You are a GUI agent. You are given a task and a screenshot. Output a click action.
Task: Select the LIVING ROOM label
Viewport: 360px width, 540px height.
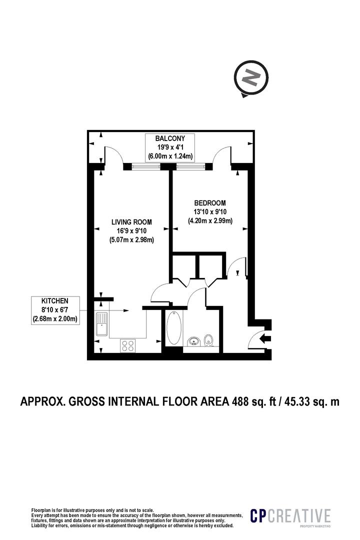point(131,221)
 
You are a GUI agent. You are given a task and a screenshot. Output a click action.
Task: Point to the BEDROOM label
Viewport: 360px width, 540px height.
point(210,203)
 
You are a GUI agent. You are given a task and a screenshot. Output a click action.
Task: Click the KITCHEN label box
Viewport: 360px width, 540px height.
point(55,309)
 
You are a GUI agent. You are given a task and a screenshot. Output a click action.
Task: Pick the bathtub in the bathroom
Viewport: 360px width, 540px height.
point(173,328)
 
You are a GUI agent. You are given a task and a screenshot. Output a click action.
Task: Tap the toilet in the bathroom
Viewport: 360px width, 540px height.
point(210,340)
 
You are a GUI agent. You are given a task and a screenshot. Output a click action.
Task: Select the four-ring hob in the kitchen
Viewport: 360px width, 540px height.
point(128,345)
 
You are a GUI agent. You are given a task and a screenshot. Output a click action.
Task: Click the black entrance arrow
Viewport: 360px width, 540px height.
point(265,338)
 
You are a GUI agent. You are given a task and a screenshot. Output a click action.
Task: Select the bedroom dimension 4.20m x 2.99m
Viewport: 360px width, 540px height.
point(210,221)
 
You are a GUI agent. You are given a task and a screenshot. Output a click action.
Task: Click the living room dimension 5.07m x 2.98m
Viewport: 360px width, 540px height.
point(131,239)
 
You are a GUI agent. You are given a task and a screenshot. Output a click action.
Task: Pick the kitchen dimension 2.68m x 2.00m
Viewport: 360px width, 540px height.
point(55,318)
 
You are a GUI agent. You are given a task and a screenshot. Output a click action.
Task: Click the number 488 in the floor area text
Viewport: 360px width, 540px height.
point(242,401)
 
